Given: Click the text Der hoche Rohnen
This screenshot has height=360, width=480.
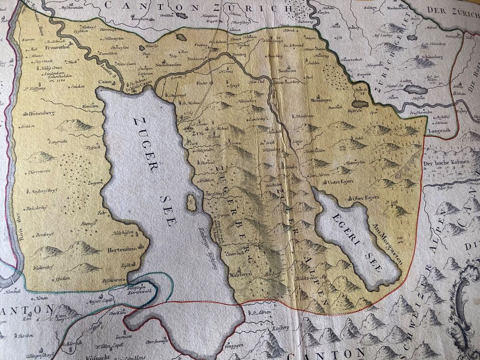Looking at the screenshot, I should pos(446,163).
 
